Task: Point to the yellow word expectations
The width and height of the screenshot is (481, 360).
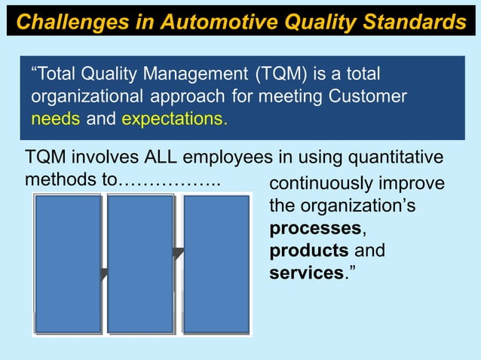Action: [x=173, y=118]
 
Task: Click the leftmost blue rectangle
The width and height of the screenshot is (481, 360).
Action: [x=67, y=264]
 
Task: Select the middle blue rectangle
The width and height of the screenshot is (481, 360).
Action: [x=141, y=264]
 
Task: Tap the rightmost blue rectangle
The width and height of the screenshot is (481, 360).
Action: [x=216, y=264]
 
